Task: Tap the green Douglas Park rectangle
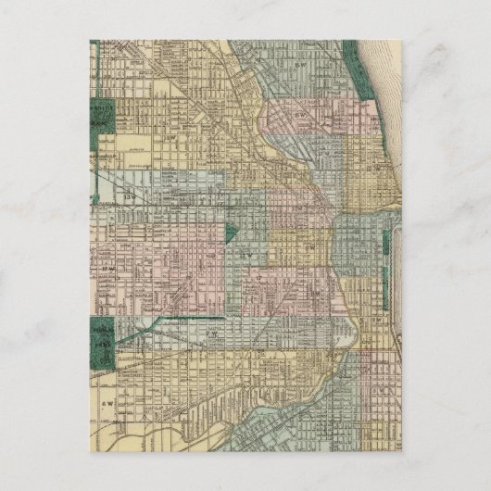coord(103,337)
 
